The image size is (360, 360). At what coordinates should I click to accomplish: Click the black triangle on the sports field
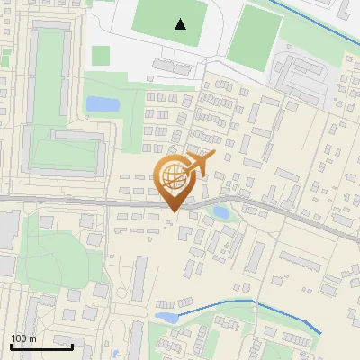click(181, 24)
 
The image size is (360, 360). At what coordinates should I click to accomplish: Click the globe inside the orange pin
click(174, 176)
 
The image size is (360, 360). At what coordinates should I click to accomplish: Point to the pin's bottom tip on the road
click(174, 211)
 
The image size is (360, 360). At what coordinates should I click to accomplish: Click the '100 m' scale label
click(23, 338)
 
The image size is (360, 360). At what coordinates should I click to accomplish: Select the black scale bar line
click(41, 346)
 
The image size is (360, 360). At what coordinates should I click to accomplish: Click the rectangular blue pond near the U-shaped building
click(102, 104)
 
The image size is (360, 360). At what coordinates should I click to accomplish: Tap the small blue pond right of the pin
click(220, 213)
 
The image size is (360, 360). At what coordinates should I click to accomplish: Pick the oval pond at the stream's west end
click(166, 317)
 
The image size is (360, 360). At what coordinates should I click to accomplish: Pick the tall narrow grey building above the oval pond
click(140, 280)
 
